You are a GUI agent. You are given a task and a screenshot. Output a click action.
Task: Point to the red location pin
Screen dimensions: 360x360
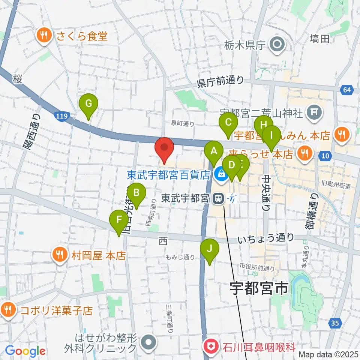coord(164,149)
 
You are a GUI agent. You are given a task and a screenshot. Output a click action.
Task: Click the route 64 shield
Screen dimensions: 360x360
coord(347,90)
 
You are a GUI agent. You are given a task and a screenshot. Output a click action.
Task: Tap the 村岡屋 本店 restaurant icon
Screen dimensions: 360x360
coord(60,256)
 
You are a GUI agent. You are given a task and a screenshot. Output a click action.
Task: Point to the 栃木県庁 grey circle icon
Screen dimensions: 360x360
coord(278,45)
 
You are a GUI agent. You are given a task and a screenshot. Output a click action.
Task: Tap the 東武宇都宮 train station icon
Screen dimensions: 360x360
coord(217,198)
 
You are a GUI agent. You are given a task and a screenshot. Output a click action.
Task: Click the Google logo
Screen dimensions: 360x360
coord(25,351)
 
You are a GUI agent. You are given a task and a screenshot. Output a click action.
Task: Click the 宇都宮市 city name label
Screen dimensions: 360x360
coord(259,288)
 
